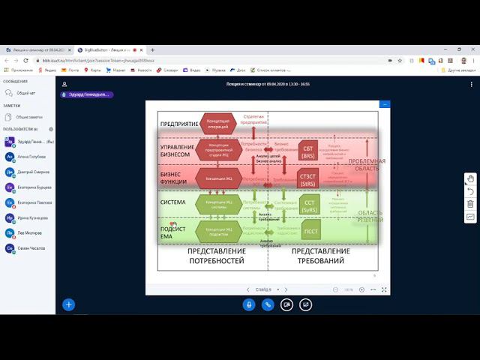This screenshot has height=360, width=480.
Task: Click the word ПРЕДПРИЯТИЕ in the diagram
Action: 178,123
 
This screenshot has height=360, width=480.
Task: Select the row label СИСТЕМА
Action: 174,202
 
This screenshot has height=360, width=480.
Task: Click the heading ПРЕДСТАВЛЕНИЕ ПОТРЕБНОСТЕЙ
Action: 215,256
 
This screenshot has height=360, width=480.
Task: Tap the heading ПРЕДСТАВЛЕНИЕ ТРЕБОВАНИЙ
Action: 318,256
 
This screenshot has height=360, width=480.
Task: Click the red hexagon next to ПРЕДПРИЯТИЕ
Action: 218,123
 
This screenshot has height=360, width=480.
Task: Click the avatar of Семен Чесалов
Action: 10,247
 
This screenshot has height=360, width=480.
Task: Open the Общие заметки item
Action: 28,117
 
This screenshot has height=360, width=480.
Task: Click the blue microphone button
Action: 249,304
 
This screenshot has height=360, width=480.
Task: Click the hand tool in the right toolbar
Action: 470,178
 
